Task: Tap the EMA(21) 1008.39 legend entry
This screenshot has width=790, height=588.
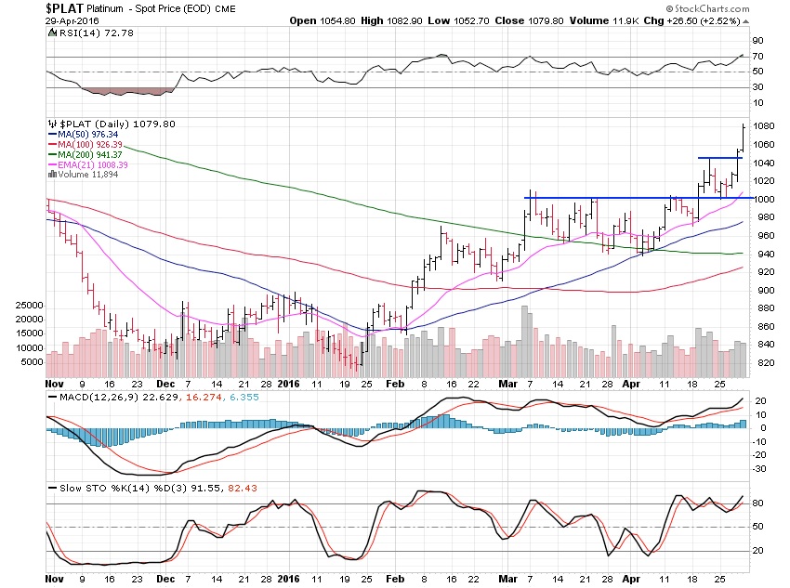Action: coord(93,164)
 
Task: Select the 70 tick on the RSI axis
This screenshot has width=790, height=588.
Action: coord(757,57)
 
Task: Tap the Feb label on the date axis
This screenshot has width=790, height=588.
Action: coord(393,381)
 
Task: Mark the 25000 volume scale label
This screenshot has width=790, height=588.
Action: coord(32,305)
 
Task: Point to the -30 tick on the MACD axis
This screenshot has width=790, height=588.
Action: coord(758,469)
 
